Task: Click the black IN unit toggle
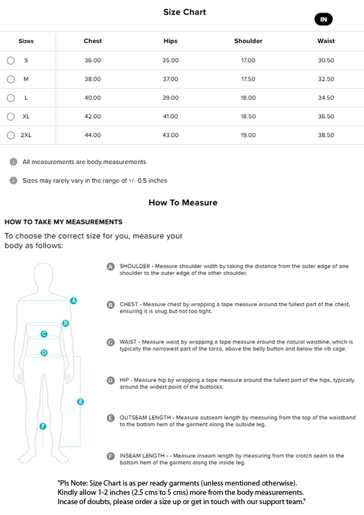(323, 20)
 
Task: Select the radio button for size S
(11, 60)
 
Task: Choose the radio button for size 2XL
(11, 135)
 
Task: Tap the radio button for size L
(11, 98)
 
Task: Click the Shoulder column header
(248, 41)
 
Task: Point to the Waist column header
(326, 41)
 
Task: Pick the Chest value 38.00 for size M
(92, 79)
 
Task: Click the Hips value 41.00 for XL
(170, 117)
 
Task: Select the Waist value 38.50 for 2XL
(326, 135)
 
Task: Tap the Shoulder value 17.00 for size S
(248, 60)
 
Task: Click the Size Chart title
(184, 12)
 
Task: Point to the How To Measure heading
(183, 203)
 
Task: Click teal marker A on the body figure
(73, 301)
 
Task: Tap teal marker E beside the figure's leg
(81, 402)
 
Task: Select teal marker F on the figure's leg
(43, 426)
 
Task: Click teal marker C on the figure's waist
(44, 334)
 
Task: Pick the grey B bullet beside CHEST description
(110, 304)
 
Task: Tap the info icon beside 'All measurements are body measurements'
(14, 162)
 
